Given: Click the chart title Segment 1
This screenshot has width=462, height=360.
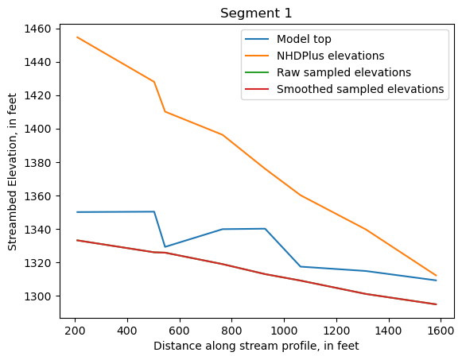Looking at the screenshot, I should (256, 14).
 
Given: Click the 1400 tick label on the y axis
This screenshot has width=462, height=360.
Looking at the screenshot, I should (38, 129).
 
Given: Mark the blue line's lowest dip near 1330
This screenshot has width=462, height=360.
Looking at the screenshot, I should (165, 247).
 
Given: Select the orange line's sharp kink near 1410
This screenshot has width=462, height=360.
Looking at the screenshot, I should (165, 111).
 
